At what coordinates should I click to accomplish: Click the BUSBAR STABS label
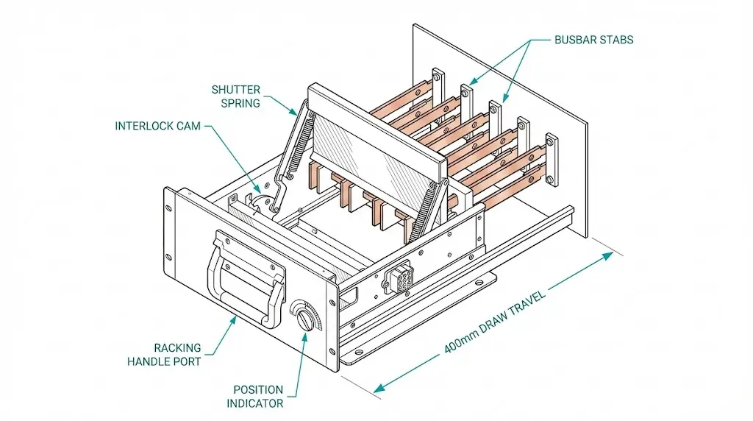coord(593,40)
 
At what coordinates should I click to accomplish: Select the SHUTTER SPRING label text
coord(235,96)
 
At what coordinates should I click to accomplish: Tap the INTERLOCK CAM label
coord(157,126)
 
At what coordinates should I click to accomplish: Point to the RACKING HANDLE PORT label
coord(163,354)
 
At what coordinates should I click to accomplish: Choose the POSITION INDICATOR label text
coord(258,396)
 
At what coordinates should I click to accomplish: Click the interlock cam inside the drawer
coord(259,201)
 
